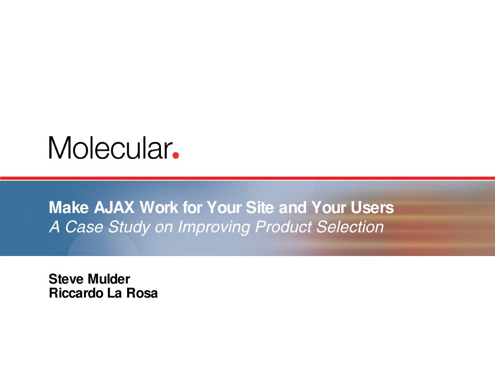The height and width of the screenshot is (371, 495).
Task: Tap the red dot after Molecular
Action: point(176,155)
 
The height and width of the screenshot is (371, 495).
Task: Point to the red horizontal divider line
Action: point(247,178)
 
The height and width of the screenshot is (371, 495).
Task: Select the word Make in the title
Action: point(68,208)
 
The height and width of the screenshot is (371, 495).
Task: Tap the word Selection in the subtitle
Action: point(350,227)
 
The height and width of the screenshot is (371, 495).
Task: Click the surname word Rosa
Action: point(142,293)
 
